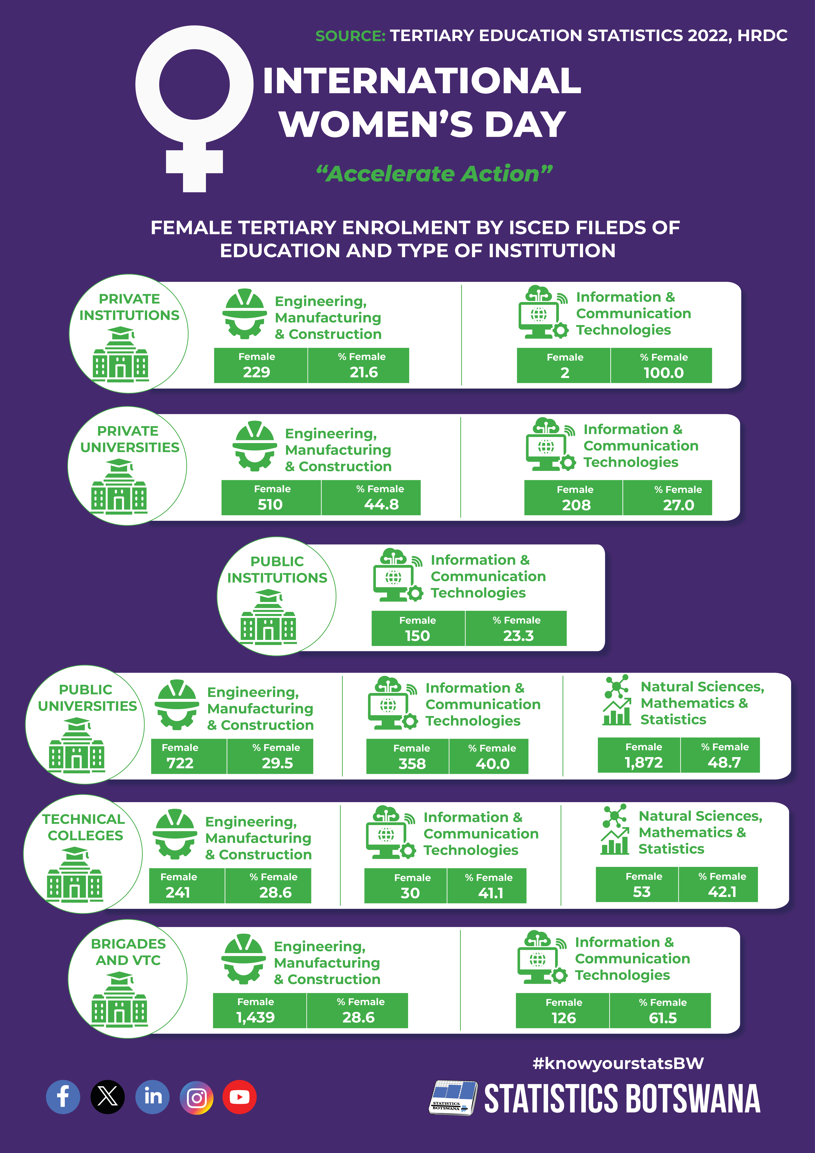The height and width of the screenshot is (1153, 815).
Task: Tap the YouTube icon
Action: coord(240,1097)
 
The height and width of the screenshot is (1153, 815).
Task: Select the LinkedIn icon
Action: coord(153,1097)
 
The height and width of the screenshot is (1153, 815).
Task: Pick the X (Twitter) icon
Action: coord(107,1097)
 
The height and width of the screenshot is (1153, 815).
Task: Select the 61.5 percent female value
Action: coord(663,1018)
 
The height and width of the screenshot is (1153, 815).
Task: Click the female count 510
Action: coord(270,504)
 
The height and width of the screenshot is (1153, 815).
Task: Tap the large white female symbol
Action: coord(194,108)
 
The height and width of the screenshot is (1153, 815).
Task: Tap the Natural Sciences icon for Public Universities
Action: coord(617,700)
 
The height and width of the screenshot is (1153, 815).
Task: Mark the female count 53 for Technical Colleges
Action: coord(642,892)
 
